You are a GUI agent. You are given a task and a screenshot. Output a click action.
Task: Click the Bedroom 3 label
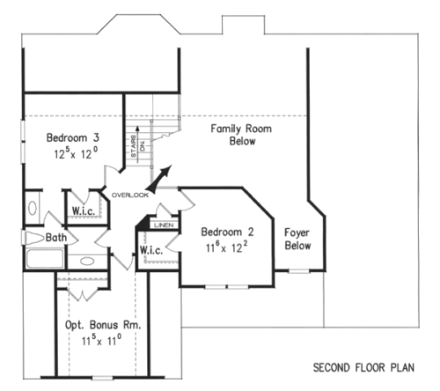[x=73, y=137]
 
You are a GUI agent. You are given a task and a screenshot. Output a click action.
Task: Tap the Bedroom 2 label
[x=227, y=232]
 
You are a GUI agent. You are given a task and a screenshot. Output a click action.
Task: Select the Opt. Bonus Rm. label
[x=103, y=325]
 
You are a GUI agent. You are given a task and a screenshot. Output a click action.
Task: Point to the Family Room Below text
[x=241, y=135]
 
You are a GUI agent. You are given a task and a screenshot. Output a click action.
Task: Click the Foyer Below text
[x=297, y=239]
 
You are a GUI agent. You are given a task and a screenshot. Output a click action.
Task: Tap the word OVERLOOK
[x=130, y=195]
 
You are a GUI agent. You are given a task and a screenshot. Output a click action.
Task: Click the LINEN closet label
[x=164, y=225]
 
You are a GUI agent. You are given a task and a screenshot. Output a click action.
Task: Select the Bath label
[x=56, y=237]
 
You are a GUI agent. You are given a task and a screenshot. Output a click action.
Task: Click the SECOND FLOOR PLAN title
[x=363, y=367]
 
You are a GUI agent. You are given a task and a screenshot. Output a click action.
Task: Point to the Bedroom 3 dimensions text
[x=76, y=153]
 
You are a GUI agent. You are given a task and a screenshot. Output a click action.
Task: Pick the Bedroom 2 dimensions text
[x=226, y=247]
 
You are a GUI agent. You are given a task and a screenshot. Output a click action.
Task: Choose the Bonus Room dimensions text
[x=101, y=340]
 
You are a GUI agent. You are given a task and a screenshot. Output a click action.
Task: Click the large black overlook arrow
[x=161, y=178]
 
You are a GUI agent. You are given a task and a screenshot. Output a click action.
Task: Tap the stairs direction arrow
[x=137, y=144]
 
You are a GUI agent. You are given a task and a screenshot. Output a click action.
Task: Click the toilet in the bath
[x=34, y=238]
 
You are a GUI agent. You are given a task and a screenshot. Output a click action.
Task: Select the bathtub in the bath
[x=45, y=258]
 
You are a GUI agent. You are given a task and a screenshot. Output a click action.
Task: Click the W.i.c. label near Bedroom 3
[x=84, y=210]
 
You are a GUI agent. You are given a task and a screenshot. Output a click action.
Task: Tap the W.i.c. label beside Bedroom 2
[x=151, y=250]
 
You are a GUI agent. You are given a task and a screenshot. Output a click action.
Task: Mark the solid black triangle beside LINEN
[x=143, y=223]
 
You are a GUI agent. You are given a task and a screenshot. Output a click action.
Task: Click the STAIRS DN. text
[x=137, y=146]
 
